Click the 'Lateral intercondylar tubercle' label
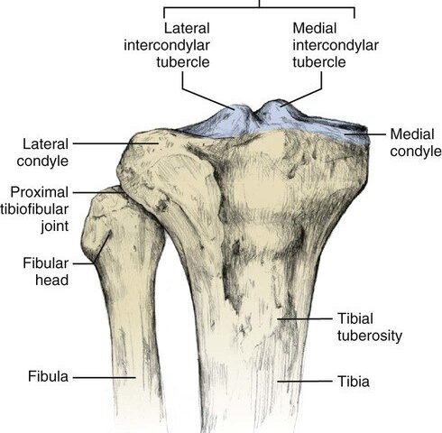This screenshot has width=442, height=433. click(x=167, y=45)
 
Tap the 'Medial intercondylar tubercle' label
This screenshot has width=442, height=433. click(x=336, y=45)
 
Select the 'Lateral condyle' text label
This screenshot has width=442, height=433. click(x=42, y=152)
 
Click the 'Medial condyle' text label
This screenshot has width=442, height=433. click(x=416, y=143)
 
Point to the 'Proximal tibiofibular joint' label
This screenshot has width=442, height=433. click(x=34, y=209)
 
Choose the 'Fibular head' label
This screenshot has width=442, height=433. click(x=46, y=272)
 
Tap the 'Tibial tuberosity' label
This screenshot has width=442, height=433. click(x=370, y=327)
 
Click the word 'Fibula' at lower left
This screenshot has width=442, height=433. click(x=48, y=376)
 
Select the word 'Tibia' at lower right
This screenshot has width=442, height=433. click(x=354, y=382)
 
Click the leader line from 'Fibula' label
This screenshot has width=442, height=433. click(x=105, y=377)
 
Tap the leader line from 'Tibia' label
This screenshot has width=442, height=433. click(x=305, y=382)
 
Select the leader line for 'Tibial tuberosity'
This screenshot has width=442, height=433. click(x=305, y=318)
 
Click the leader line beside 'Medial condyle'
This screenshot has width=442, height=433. click(x=365, y=134)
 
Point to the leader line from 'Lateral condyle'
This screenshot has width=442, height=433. click(x=115, y=143)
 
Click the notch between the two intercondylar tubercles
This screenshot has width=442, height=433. click(x=255, y=115)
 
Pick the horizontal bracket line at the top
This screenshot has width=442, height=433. click(x=259, y=7)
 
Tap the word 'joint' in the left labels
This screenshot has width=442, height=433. click(x=55, y=226)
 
